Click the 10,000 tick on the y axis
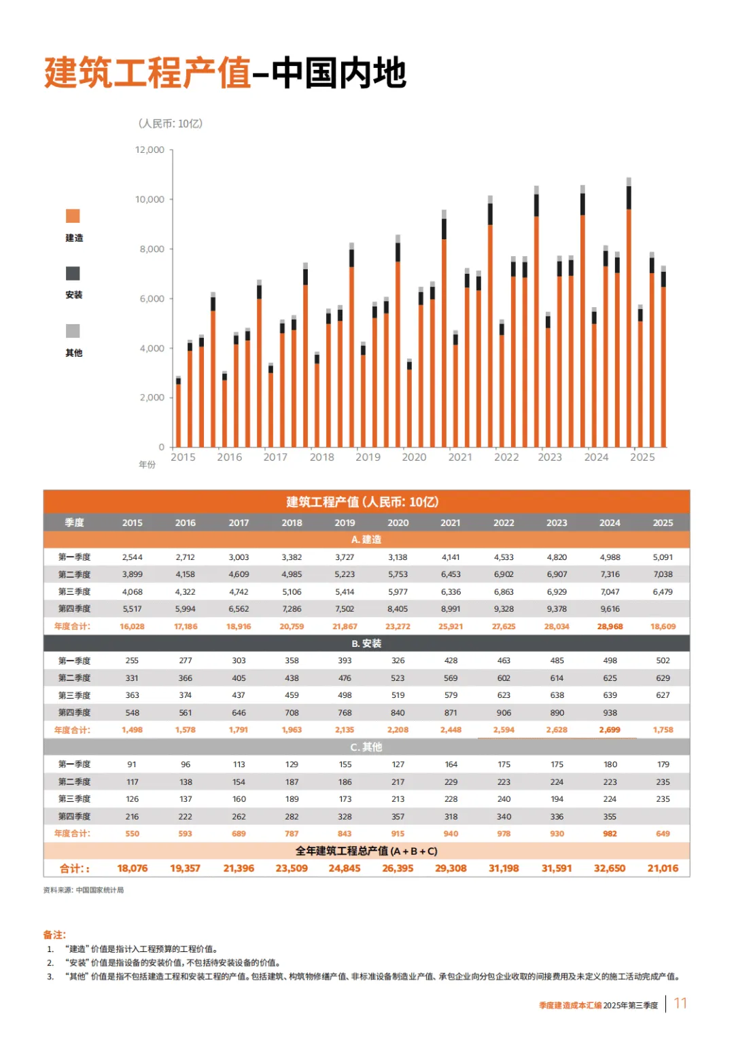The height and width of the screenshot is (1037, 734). pyautogui.click(x=150, y=199)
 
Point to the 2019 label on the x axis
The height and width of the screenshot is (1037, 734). pyautogui.click(x=368, y=457)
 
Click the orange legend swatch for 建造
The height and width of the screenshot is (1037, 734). pyautogui.click(x=73, y=216)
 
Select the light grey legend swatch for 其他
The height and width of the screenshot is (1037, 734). pyautogui.click(x=73, y=331)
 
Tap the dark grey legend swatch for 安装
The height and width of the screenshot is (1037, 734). pyautogui.click(x=73, y=273)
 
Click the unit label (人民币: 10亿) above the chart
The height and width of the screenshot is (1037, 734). pyautogui.click(x=171, y=124)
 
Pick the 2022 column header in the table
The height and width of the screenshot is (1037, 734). pyautogui.click(x=504, y=523)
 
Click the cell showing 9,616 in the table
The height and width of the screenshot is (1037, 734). pyautogui.click(x=610, y=609)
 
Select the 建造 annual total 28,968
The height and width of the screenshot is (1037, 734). pyautogui.click(x=610, y=627)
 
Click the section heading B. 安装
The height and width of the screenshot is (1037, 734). pyautogui.click(x=366, y=644)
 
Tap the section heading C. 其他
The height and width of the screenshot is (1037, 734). pyautogui.click(x=366, y=747)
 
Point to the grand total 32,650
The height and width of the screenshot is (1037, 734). pyautogui.click(x=610, y=868)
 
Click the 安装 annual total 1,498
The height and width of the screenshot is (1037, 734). pyautogui.click(x=132, y=730)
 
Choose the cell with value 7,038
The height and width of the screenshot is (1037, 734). pyautogui.click(x=663, y=574)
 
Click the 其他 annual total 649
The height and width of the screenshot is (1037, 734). pyautogui.click(x=663, y=834)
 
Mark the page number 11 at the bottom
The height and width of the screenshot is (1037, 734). pyautogui.click(x=680, y=1004)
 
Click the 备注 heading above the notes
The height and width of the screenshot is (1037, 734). pyautogui.click(x=54, y=935)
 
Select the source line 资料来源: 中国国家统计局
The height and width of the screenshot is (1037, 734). pyautogui.click(x=84, y=890)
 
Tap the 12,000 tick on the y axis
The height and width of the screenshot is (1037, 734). pyautogui.click(x=150, y=150)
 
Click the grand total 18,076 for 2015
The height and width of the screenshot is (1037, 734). pyautogui.click(x=132, y=868)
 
